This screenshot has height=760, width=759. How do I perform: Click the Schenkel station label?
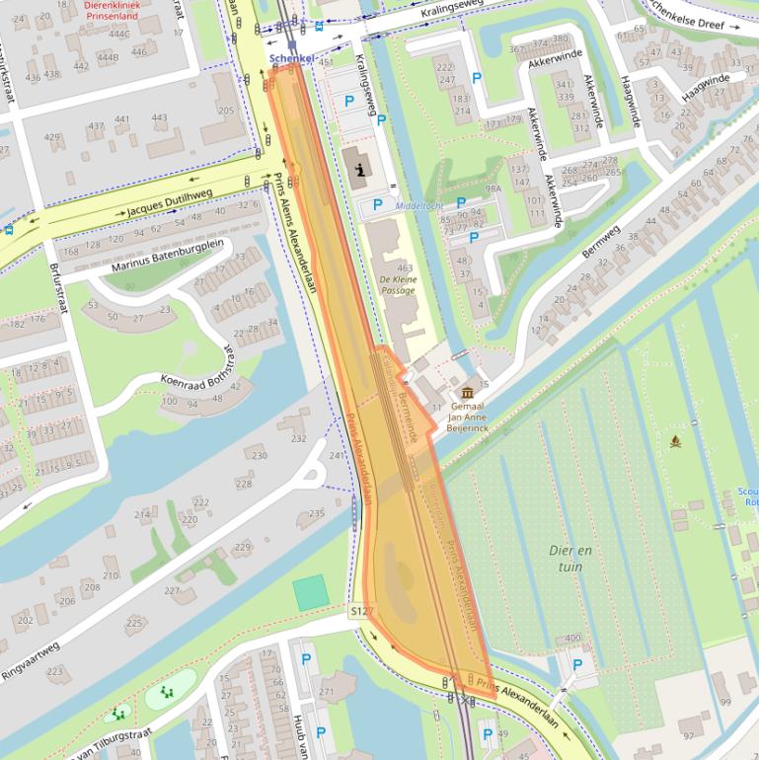[x=291, y=59]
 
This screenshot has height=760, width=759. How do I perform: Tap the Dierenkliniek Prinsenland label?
[x=111, y=11]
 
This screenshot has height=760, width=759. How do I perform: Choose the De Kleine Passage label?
[x=398, y=285]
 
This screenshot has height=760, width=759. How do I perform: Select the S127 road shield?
[x=362, y=612]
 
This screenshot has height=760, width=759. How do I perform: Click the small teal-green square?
[x=310, y=592]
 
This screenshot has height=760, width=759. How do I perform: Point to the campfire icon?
[x=675, y=440]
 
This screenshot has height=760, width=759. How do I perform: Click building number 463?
[x=405, y=267]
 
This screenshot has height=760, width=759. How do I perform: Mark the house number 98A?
[x=493, y=188]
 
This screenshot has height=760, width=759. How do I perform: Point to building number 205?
[x=226, y=111]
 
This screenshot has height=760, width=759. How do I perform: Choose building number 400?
[x=572, y=639]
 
